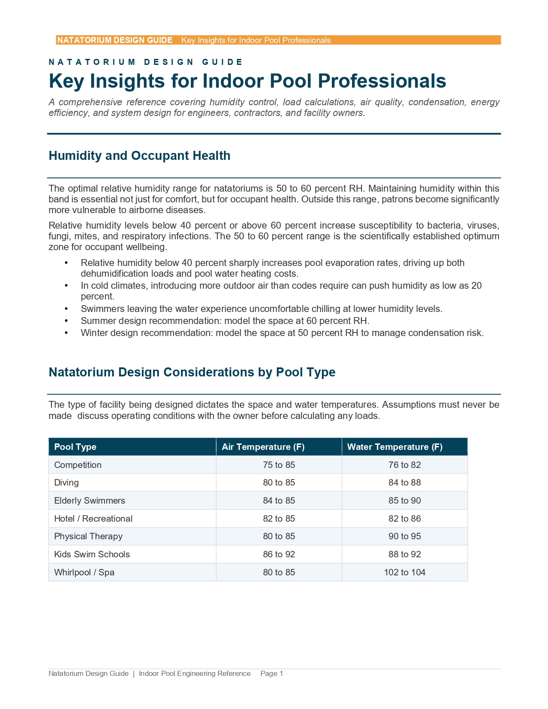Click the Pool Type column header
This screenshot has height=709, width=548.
point(75,447)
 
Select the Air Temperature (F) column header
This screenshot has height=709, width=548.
point(263,447)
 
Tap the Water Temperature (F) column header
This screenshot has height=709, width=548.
point(395,447)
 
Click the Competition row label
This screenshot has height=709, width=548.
point(78,465)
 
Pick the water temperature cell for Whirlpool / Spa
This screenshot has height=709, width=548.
point(404,572)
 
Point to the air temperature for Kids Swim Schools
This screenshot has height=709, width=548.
point(279,554)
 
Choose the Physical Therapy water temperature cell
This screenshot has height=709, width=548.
point(404,536)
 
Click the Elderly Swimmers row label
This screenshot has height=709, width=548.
point(89,501)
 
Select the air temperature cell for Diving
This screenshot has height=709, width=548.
point(279,483)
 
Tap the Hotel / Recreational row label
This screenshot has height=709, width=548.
point(93,519)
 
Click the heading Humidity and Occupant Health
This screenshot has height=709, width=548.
point(139,156)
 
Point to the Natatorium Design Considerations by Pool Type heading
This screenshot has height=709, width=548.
point(192,372)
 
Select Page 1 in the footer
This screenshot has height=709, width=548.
point(272,673)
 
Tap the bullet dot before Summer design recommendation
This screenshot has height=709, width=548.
point(66,321)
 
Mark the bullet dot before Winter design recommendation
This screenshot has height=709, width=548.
point(66,333)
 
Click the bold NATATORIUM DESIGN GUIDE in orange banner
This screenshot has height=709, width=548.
point(115,40)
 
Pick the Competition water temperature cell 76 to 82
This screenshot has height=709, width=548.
point(404,465)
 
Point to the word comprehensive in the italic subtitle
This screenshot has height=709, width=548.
point(90,102)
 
